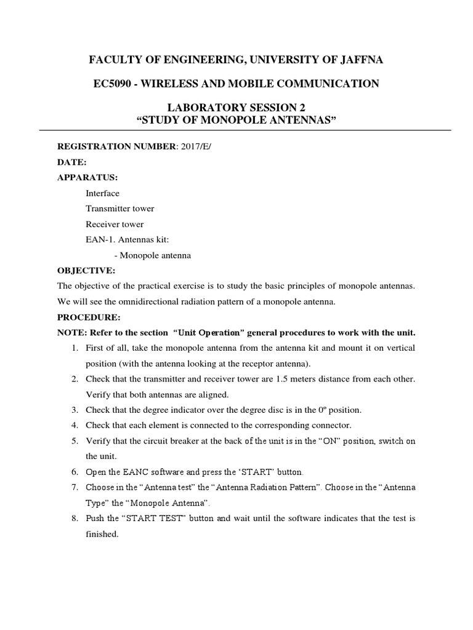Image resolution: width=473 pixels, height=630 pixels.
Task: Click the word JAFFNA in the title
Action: (x=360, y=60)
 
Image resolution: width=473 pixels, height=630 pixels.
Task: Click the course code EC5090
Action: (x=113, y=83)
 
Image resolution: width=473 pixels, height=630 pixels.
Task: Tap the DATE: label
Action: (x=72, y=162)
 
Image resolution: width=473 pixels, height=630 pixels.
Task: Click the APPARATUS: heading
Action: (x=87, y=177)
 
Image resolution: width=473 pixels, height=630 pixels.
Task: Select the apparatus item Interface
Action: (x=102, y=193)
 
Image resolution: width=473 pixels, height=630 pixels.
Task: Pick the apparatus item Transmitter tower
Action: (x=120, y=209)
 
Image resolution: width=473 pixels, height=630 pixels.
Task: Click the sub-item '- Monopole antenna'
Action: (x=153, y=255)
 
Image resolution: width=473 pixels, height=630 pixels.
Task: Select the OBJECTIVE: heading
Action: (x=86, y=270)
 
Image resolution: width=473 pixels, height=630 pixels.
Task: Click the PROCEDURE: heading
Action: (x=89, y=317)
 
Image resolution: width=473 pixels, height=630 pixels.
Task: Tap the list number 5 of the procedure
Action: (x=74, y=441)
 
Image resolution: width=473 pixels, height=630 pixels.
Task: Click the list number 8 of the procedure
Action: (x=74, y=519)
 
